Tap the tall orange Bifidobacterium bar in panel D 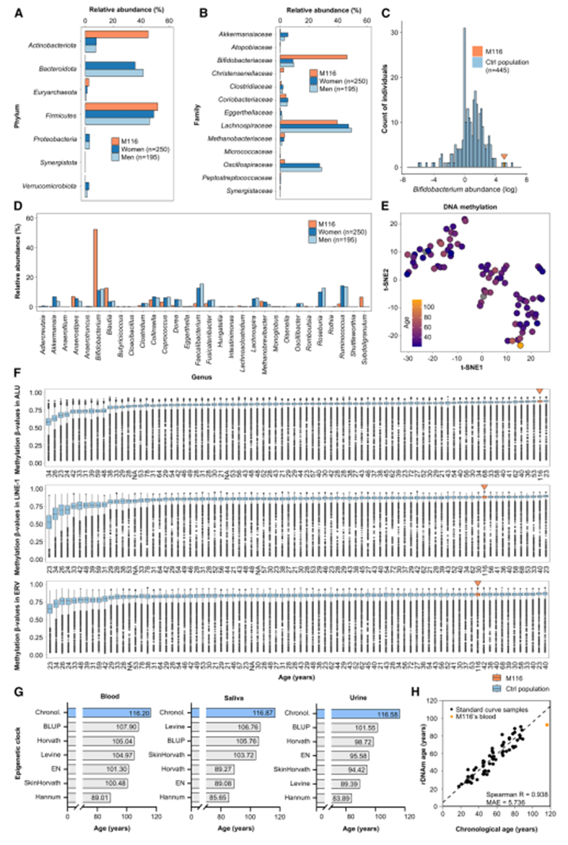[x=95, y=268]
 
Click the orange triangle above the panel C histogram [x=504, y=157]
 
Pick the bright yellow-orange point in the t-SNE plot [x=520, y=345]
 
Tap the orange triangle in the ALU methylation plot [x=538, y=391]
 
